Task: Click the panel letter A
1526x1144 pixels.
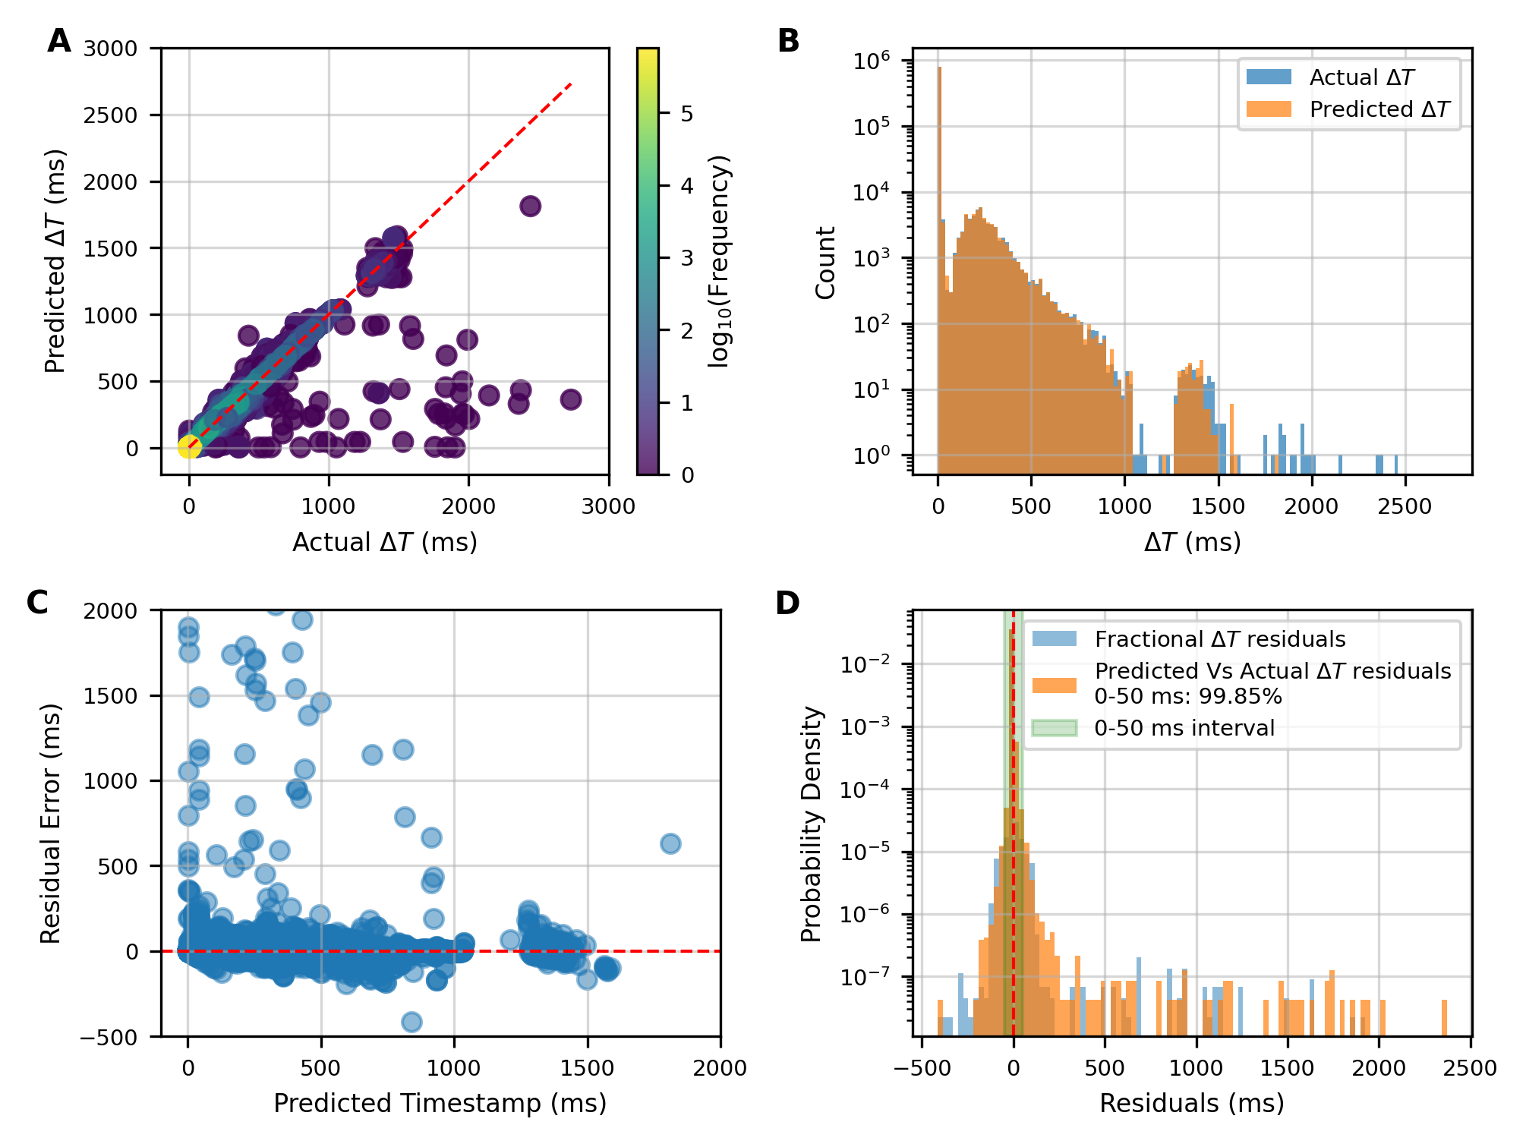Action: click(59, 41)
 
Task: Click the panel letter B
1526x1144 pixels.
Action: click(788, 41)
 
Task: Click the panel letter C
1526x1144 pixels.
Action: click(38, 603)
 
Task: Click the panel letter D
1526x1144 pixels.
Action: click(787, 603)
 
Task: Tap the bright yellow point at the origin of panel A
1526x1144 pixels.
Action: click(189, 447)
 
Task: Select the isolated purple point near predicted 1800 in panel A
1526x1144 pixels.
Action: click(530, 206)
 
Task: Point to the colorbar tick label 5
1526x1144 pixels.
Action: click(687, 114)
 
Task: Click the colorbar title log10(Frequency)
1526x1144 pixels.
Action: click(718, 261)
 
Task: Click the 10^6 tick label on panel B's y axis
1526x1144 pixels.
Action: click(872, 61)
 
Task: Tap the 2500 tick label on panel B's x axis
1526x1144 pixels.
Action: click(1405, 507)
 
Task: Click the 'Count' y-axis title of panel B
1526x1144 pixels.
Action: click(825, 263)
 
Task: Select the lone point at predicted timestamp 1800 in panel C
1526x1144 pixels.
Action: click(670, 843)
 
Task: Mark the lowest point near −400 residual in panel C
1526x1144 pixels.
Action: click(411, 1022)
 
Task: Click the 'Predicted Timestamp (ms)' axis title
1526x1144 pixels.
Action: click(440, 1103)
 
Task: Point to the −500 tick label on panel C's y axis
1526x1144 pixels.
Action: click(112, 1037)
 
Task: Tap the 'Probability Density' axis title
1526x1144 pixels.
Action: click(812, 824)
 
